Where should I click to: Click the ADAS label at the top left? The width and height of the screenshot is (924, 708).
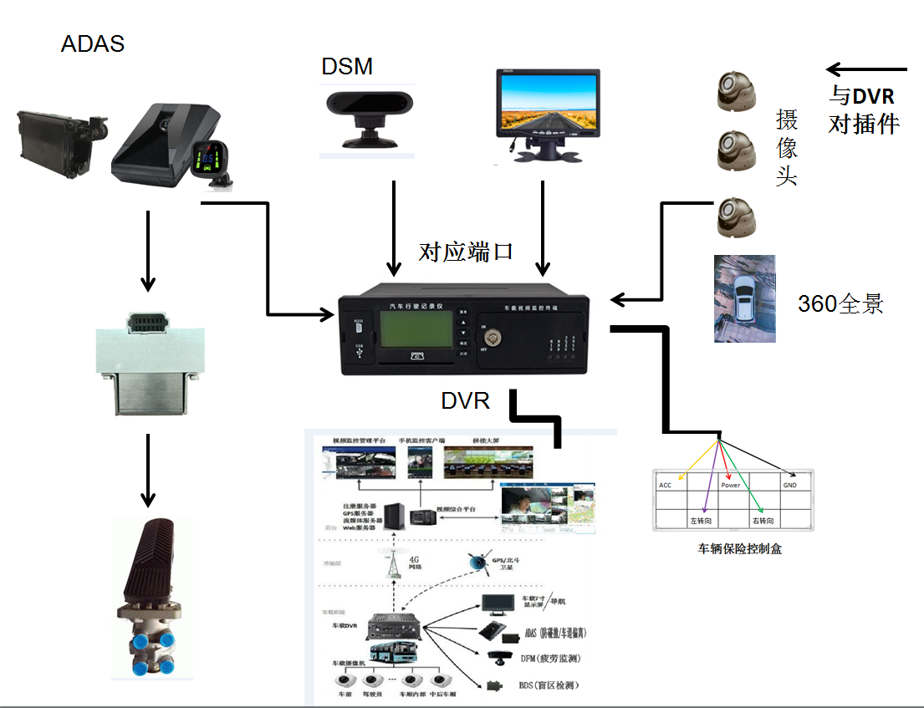pyautogui.click(x=93, y=43)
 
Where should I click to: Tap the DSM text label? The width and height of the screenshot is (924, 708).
pyautogui.click(x=347, y=67)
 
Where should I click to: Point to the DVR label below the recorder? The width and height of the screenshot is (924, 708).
pyautogui.click(x=465, y=401)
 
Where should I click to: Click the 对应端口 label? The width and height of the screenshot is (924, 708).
pyautogui.click(x=466, y=252)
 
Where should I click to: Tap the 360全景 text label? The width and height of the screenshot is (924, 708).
pyautogui.click(x=840, y=304)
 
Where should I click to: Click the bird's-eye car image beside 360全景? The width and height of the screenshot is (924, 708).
pyautogui.click(x=744, y=298)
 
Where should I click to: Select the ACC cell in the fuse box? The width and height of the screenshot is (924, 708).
pyautogui.click(x=666, y=485)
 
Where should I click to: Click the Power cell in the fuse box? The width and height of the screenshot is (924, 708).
pyautogui.click(x=730, y=485)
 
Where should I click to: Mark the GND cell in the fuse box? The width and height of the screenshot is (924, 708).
pyautogui.click(x=790, y=485)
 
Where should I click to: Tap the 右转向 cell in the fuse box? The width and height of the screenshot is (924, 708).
pyautogui.click(x=763, y=521)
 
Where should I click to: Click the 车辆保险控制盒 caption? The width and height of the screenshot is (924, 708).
pyautogui.click(x=740, y=549)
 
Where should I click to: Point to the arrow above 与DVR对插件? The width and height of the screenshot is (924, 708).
pyautogui.click(x=865, y=70)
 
